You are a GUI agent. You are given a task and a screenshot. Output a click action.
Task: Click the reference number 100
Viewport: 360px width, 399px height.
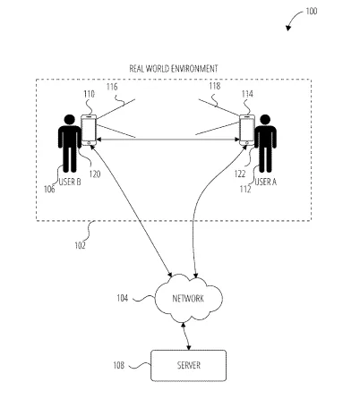coord(311,12)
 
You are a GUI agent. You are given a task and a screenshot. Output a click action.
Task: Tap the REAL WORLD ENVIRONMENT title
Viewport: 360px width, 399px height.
coord(174,69)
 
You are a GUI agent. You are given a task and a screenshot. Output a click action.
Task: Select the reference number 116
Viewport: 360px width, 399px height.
coord(112,87)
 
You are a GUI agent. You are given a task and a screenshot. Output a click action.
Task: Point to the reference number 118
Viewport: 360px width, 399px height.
coord(215,86)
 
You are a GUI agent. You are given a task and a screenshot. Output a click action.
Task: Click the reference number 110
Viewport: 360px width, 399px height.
coord(89,94)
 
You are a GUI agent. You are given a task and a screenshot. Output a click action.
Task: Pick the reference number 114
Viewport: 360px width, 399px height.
coord(247,94)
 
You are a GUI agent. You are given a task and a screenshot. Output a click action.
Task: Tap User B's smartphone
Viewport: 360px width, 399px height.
coord(89,130)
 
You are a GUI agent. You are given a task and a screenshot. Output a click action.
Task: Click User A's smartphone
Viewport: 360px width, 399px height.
coord(247,130)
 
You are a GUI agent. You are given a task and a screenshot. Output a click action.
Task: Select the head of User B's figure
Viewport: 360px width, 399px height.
coord(70,120)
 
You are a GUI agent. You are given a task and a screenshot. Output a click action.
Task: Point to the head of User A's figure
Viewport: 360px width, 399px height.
coord(265,120)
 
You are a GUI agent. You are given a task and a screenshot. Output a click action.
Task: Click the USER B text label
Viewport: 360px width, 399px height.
coord(70,182)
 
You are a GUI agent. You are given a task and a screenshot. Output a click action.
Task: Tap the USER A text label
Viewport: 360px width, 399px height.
coord(265,182)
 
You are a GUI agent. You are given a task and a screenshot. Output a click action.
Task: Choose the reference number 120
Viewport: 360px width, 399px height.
coord(95,174)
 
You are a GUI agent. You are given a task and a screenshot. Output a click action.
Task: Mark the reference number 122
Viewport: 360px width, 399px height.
coord(240,174)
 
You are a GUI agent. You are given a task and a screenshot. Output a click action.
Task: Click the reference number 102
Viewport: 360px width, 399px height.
coord(80,245)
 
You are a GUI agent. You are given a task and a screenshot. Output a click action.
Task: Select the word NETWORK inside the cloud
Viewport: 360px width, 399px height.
coord(188,299)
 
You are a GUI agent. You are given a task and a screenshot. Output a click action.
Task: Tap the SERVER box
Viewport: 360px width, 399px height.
coord(188,366)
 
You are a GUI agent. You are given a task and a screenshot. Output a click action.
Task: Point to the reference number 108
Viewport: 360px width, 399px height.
coord(118,365)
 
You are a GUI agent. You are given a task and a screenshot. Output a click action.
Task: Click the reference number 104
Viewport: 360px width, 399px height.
coord(122,298)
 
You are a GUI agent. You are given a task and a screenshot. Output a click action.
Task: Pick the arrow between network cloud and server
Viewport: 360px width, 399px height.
coord(186,336)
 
